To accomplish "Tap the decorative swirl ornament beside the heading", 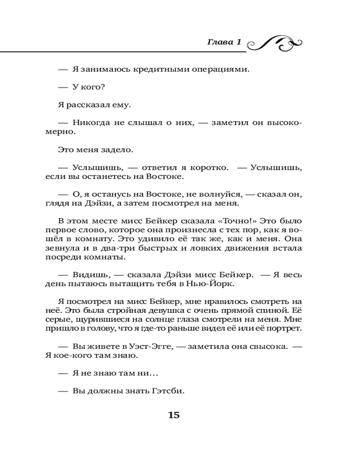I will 274,43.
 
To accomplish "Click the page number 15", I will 174,415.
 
